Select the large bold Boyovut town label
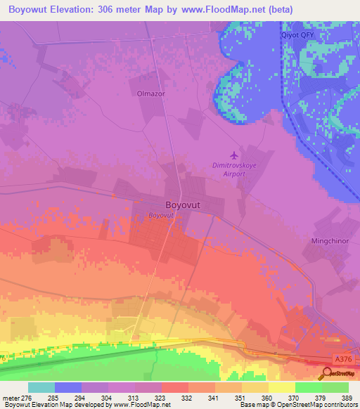pyautogui.click(x=186, y=199)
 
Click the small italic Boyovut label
pyautogui.click(x=160, y=216)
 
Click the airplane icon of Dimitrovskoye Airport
pyautogui.click(x=234, y=155)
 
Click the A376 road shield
pyautogui.click(x=344, y=359)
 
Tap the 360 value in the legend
pyautogui.click(x=267, y=397)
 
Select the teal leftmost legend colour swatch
pyautogui.click(x=41, y=387)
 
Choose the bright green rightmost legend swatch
pyautogui.click(x=335, y=387)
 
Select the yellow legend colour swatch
pyautogui.click(x=282, y=387)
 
